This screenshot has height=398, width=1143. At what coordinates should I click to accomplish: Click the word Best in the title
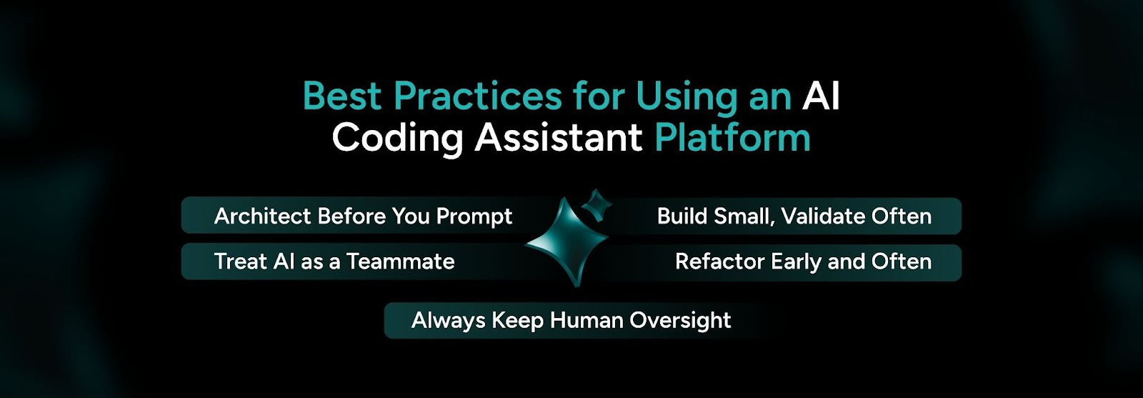click(x=342, y=96)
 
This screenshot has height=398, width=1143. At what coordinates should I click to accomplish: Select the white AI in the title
click(x=821, y=96)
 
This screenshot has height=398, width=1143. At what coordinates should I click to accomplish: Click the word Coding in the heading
click(x=398, y=137)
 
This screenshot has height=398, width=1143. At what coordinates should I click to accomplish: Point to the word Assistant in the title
click(x=559, y=137)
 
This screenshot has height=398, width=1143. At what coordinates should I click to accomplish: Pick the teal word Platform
click(x=732, y=137)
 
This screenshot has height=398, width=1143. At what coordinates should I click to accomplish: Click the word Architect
click(x=262, y=216)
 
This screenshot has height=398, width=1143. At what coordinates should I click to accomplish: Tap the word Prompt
click(x=474, y=217)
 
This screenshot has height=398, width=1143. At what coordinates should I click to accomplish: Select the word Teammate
click(x=400, y=262)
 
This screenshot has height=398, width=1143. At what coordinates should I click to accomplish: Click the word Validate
click(x=822, y=216)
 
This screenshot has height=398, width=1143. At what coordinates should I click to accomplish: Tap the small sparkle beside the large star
click(x=597, y=205)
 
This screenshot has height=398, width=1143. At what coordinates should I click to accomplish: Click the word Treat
click(x=240, y=262)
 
